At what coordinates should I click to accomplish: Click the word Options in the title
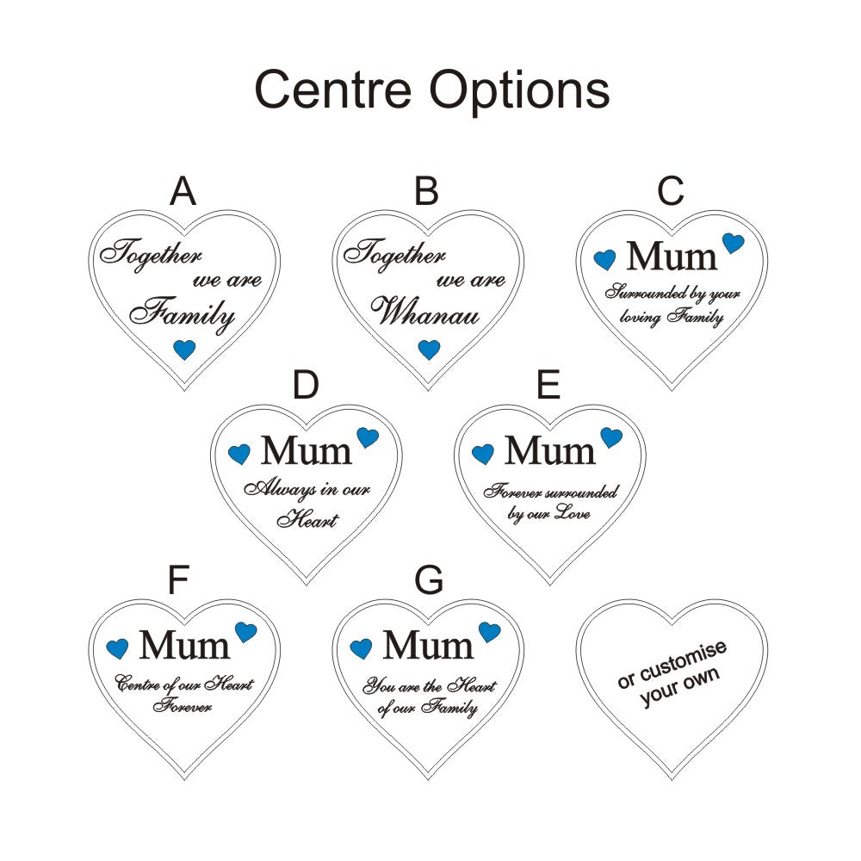515,90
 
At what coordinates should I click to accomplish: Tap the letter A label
183,191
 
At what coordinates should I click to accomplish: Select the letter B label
426,191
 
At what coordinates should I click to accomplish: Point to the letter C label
671,191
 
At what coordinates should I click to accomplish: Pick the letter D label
306,387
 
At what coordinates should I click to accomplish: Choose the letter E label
548,387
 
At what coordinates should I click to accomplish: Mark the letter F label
178,581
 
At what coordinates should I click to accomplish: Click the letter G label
429,581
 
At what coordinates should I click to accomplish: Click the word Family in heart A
183,313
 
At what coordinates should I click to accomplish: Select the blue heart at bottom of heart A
184,350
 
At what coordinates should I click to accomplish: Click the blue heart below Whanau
429,350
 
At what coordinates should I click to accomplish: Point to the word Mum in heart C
672,256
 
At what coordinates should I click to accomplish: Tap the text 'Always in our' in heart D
307,490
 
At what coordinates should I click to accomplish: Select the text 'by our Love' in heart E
548,514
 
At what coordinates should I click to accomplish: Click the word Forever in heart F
183,706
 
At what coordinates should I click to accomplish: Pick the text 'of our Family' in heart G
427,709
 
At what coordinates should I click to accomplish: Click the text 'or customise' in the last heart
672,665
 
